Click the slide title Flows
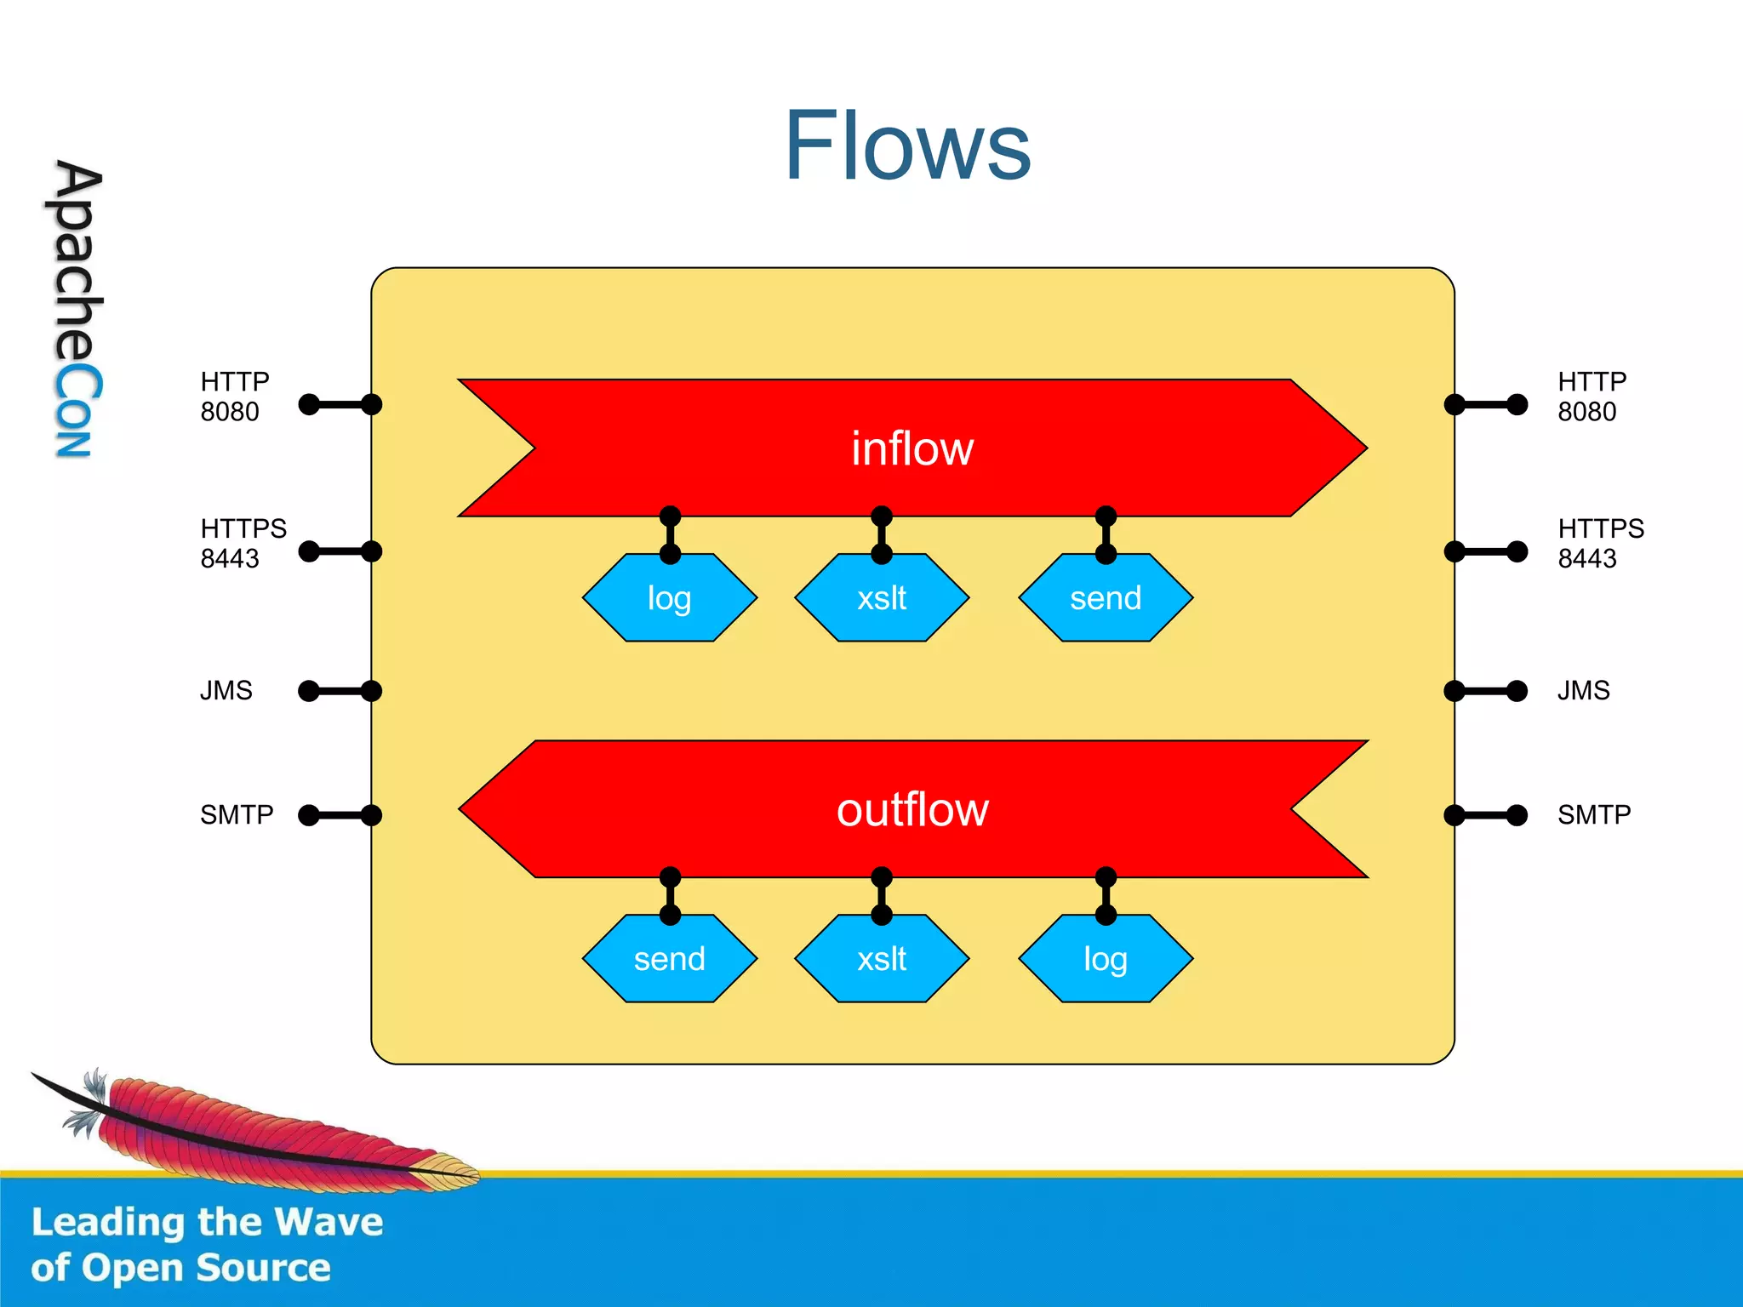pos(907,146)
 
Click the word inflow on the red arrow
pos(912,448)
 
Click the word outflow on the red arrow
pos(912,809)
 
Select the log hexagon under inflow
pos(670,598)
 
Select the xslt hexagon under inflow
pos(882,598)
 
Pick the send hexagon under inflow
pos(1106,598)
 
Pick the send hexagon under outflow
pos(670,959)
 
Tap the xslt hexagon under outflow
pos(882,959)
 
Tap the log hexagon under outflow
pos(1106,959)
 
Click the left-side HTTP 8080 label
pos(234,397)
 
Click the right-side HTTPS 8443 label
pos(1600,543)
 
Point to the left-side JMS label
pos(226,690)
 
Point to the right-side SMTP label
pos(1593,815)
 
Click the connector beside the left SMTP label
pos(340,815)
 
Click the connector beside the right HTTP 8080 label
pos(1486,404)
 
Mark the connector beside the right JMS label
pos(1486,690)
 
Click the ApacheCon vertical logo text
pos(77,308)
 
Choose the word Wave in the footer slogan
pos(329,1223)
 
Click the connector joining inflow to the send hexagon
pos(1106,535)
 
